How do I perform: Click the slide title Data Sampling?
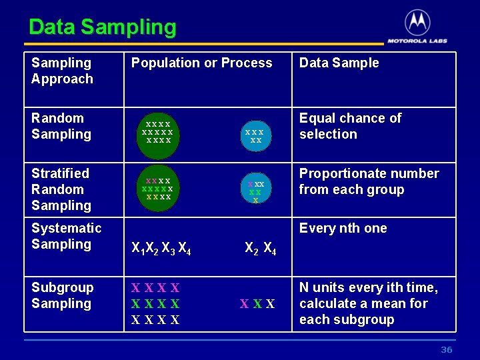[103, 27]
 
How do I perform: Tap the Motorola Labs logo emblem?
[417, 23]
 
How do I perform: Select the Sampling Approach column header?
[62, 71]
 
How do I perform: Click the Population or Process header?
[201, 63]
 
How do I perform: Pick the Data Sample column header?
[339, 63]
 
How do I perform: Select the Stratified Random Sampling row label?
[60, 189]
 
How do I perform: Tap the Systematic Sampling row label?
[66, 236]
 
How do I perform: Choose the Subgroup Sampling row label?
[62, 295]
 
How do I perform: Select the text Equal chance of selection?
[350, 126]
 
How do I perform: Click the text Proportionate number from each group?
[369, 181]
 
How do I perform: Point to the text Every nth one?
[343, 228]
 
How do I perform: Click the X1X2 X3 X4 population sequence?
[161, 250]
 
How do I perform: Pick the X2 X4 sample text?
[260, 249]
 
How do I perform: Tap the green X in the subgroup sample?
[257, 304]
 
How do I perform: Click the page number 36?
[446, 350]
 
